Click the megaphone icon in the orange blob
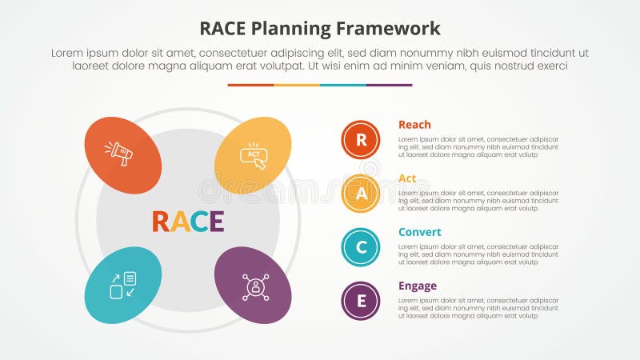(122, 153)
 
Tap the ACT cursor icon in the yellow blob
(254, 154)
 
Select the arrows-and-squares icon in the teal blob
(122, 286)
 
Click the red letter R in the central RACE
(160, 221)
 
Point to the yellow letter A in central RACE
(180, 221)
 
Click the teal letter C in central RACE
(198, 221)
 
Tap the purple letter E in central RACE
(216, 221)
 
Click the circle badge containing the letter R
(361, 140)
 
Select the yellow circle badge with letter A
(361, 194)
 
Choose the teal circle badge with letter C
(361, 247)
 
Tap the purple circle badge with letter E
(361, 301)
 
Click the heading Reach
(414, 125)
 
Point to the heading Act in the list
(407, 178)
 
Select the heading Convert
(419, 232)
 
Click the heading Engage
(418, 286)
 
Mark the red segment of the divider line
(250, 85)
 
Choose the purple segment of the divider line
(389, 85)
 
